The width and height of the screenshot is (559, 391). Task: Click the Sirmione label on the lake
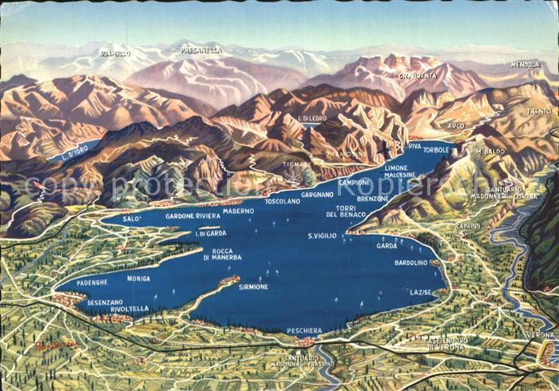coord(252,286)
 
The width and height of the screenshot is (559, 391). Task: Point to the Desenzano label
coord(105,302)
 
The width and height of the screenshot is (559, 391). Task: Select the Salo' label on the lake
coord(133,218)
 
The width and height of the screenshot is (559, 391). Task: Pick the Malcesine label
coord(399,174)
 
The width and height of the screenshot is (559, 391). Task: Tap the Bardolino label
coord(410,263)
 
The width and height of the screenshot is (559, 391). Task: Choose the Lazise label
coord(421,293)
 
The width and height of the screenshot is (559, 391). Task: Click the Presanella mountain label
coord(201,49)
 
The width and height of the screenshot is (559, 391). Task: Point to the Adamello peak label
coord(115,53)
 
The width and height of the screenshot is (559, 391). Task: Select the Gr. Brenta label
coord(416,76)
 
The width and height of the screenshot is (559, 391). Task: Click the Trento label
coord(539,111)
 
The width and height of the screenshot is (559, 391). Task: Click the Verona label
coord(540,335)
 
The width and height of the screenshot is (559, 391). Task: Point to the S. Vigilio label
coord(322,236)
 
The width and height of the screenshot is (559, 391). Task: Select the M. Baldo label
coord(489,151)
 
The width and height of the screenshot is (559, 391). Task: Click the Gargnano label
coord(317,194)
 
